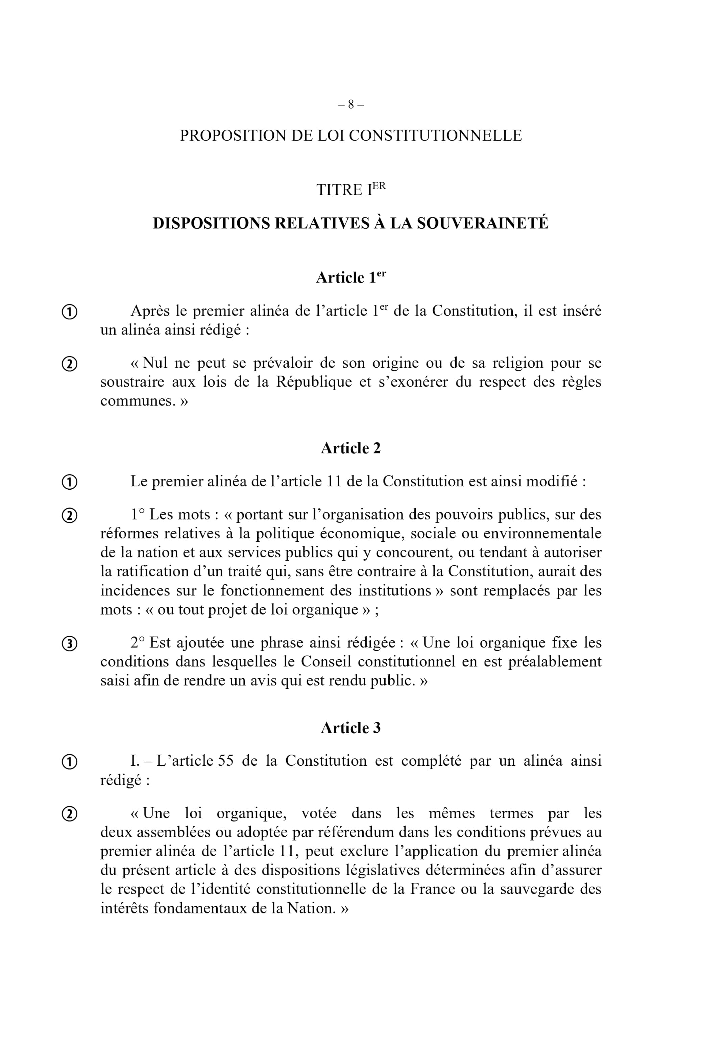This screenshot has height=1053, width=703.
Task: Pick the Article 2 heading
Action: pyautogui.click(x=350, y=448)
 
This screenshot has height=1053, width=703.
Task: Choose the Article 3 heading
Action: pyautogui.click(x=350, y=728)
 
